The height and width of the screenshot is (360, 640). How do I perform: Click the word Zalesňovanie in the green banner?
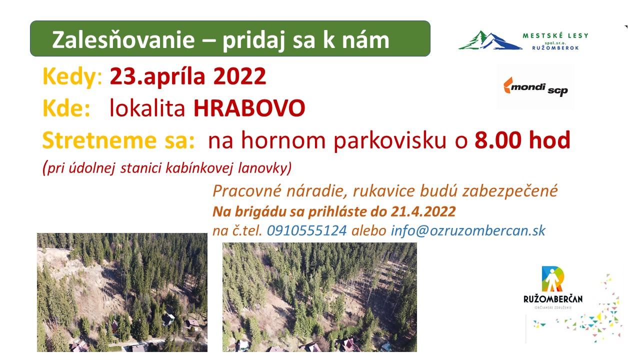click(123, 39)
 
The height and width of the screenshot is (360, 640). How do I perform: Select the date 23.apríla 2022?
click(188, 76)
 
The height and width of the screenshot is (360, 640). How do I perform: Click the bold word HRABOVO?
click(249, 108)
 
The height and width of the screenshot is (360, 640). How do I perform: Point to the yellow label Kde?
click(66, 108)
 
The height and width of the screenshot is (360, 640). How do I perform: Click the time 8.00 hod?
click(522, 140)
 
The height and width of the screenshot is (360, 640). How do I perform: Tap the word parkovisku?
click(390, 141)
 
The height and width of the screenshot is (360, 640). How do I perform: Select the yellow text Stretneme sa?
click(118, 140)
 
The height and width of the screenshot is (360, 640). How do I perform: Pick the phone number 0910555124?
click(307, 230)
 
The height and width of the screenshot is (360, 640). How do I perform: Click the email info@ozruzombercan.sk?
click(468, 230)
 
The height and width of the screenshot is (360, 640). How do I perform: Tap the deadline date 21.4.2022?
click(423, 211)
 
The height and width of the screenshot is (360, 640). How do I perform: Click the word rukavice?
click(383, 191)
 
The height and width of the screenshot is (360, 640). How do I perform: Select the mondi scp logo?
click(535, 87)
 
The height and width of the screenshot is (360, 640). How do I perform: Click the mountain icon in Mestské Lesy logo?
click(490, 40)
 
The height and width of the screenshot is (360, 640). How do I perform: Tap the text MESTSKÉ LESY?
click(555, 35)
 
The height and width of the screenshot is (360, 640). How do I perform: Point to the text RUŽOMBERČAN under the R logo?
click(553, 299)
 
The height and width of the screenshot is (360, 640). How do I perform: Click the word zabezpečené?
click(510, 191)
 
